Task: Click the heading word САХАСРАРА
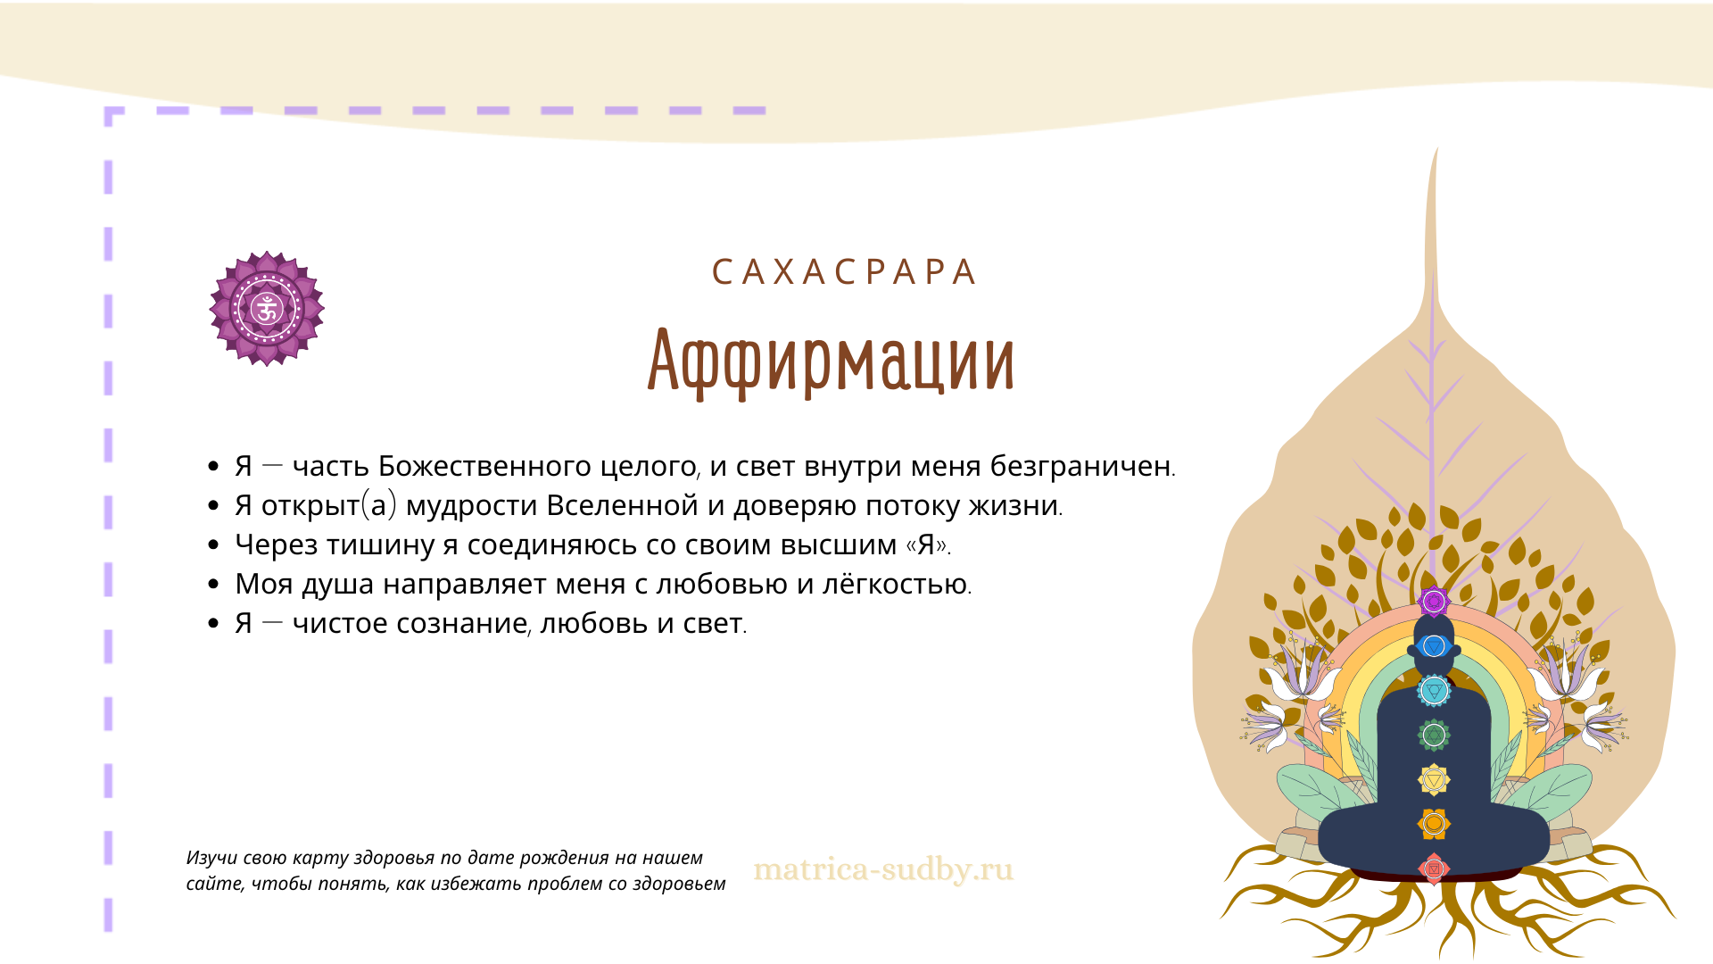tap(843, 272)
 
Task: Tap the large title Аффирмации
tap(831, 361)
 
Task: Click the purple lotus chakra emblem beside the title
tap(267, 309)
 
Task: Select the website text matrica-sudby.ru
tap(883, 869)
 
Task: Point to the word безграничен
tap(1080, 466)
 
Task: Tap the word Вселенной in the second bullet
tap(622, 505)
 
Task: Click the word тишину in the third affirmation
tap(392, 545)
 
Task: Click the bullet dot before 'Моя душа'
tap(213, 585)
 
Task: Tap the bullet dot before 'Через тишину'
tap(213, 545)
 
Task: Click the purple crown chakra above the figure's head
tap(1434, 602)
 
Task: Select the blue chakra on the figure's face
tap(1434, 645)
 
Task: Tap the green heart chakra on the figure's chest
tap(1434, 735)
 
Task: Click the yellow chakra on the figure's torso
tap(1434, 780)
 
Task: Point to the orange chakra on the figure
tap(1434, 824)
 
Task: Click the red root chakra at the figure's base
tap(1434, 868)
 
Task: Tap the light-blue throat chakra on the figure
tap(1434, 690)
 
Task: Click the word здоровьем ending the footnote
tap(679, 885)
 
